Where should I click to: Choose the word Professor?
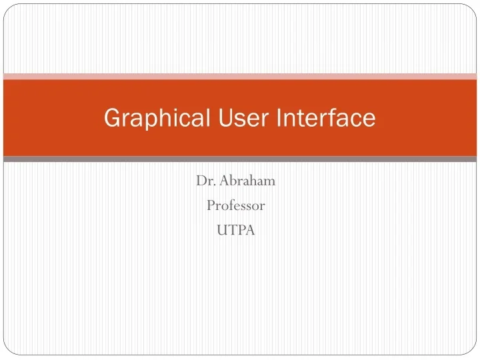coord(235,206)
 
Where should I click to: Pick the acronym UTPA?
coord(236,231)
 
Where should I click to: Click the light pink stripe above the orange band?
coord(240,77)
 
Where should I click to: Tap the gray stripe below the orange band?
coord(240,159)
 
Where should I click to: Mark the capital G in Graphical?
coord(112,119)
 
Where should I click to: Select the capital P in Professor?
coord(210,206)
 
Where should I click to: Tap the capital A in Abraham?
coord(221,181)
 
